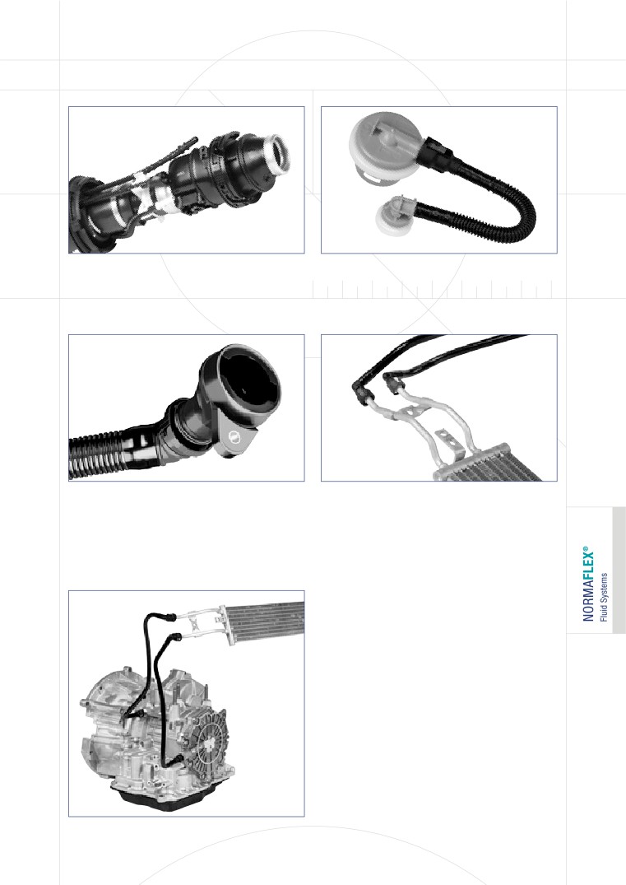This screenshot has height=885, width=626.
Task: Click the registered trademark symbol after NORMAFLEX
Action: point(585,548)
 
